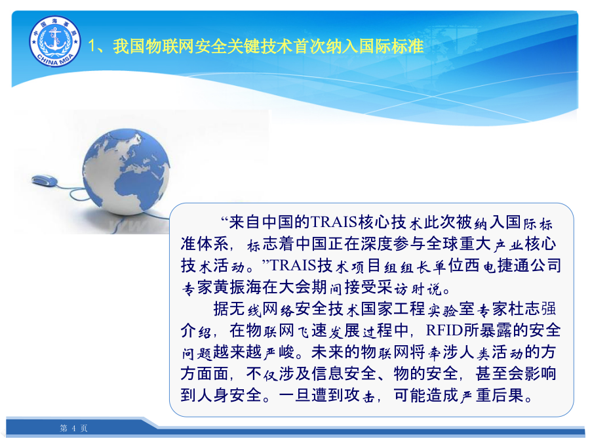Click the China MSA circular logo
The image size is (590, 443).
(x=55, y=41)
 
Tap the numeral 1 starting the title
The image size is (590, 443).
(x=92, y=47)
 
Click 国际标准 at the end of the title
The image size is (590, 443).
(x=391, y=47)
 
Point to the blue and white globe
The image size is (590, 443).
(x=127, y=172)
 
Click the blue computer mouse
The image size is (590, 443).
(x=45, y=180)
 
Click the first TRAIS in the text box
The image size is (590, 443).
(x=334, y=222)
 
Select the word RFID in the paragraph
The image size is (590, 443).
(x=444, y=330)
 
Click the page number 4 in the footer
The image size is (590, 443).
(x=73, y=429)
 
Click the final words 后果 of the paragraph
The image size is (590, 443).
(x=508, y=396)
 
